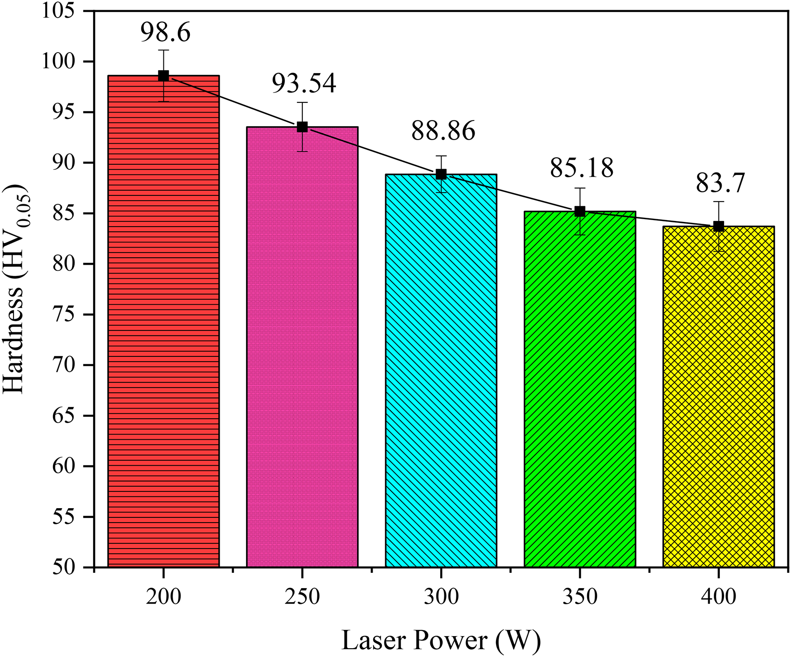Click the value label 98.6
click(x=166, y=33)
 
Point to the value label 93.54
click(x=304, y=84)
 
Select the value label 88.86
click(x=443, y=131)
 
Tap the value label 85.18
click(x=582, y=168)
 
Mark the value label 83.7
click(x=720, y=183)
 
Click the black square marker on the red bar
click(x=163, y=76)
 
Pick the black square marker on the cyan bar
click(x=441, y=174)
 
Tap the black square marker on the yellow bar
click(x=718, y=227)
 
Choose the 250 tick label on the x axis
click(x=302, y=597)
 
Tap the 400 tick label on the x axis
click(x=718, y=597)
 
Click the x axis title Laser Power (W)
click(x=441, y=641)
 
